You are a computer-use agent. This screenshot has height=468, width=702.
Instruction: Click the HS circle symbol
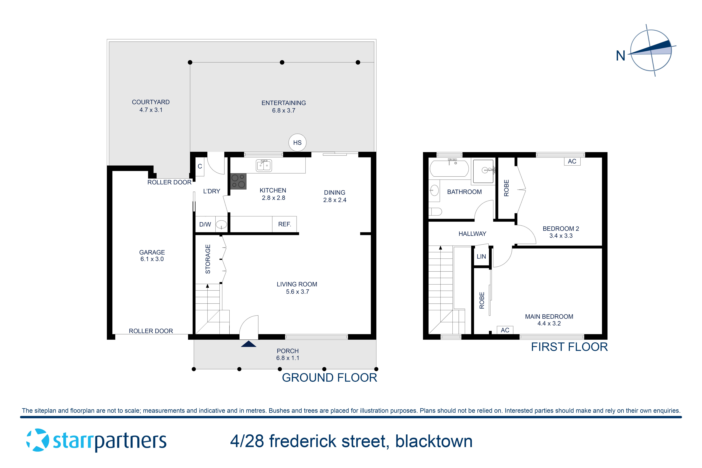coord(297,143)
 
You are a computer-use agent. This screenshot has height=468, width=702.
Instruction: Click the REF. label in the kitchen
coord(284,224)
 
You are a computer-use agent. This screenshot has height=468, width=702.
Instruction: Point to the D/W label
coord(205,224)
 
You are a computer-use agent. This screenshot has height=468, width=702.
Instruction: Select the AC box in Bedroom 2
coord(572,161)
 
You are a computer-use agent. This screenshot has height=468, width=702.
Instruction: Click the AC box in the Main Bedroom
coord(505,330)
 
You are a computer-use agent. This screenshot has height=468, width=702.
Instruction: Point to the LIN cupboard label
coord(481,256)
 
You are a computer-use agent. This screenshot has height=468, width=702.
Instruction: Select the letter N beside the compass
coord(621,56)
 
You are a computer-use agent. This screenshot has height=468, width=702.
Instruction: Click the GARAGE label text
coord(152,252)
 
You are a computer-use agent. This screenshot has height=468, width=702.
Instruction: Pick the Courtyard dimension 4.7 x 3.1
coord(151,110)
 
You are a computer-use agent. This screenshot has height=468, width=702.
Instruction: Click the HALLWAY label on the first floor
coord(472,234)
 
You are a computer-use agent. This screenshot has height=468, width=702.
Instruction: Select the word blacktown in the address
coord(434,441)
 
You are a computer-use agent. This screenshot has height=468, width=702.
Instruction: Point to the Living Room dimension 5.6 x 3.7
coord(297,292)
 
